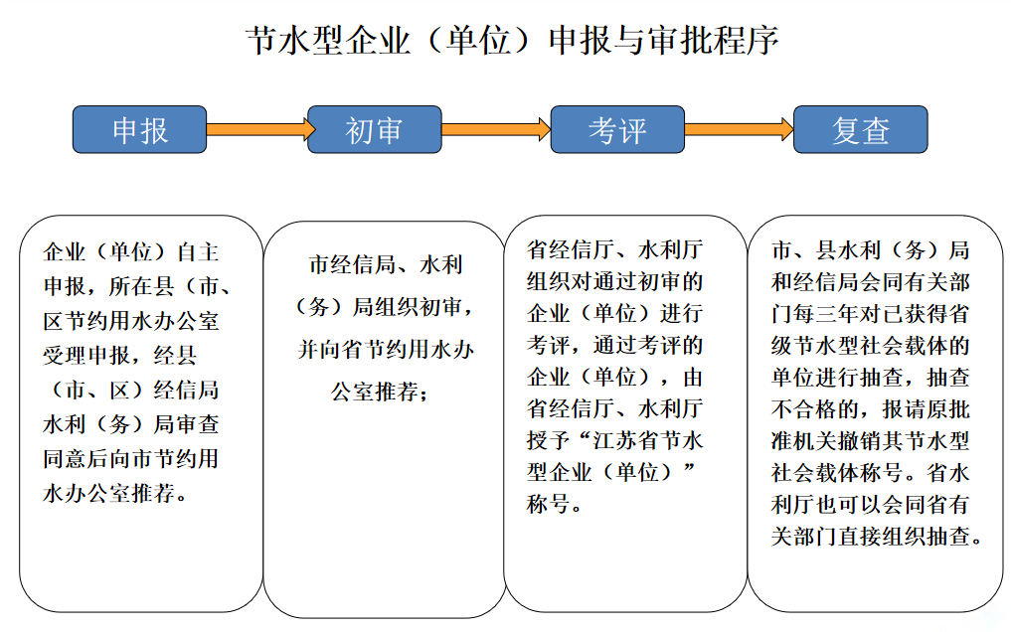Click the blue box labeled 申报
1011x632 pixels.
pyautogui.click(x=139, y=130)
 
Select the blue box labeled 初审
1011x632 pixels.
pyautogui.click(x=374, y=130)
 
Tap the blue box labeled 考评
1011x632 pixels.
pyautogui.click(x=617, y=130)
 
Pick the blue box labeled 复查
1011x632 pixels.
pyautogui.click(x=860, y=130)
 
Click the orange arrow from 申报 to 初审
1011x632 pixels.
pyautogui.click(x=260, y=129)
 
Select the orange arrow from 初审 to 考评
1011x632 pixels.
pyautogui.click(x=495, y=129)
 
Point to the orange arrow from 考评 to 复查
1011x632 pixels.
pyautogui.click(x=739, y=129)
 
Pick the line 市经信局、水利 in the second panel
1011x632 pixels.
pyautogui.click(x=385, y=265)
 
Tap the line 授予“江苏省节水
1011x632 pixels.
pyautogui.click(x=614, y=440)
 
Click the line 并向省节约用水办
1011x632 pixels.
pyautogui.click(x=385, y=349)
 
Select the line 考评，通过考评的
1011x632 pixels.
pyautogui.click(x=614, y=345)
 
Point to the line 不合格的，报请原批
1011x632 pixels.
pyautogui.click(x=871, y=408)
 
